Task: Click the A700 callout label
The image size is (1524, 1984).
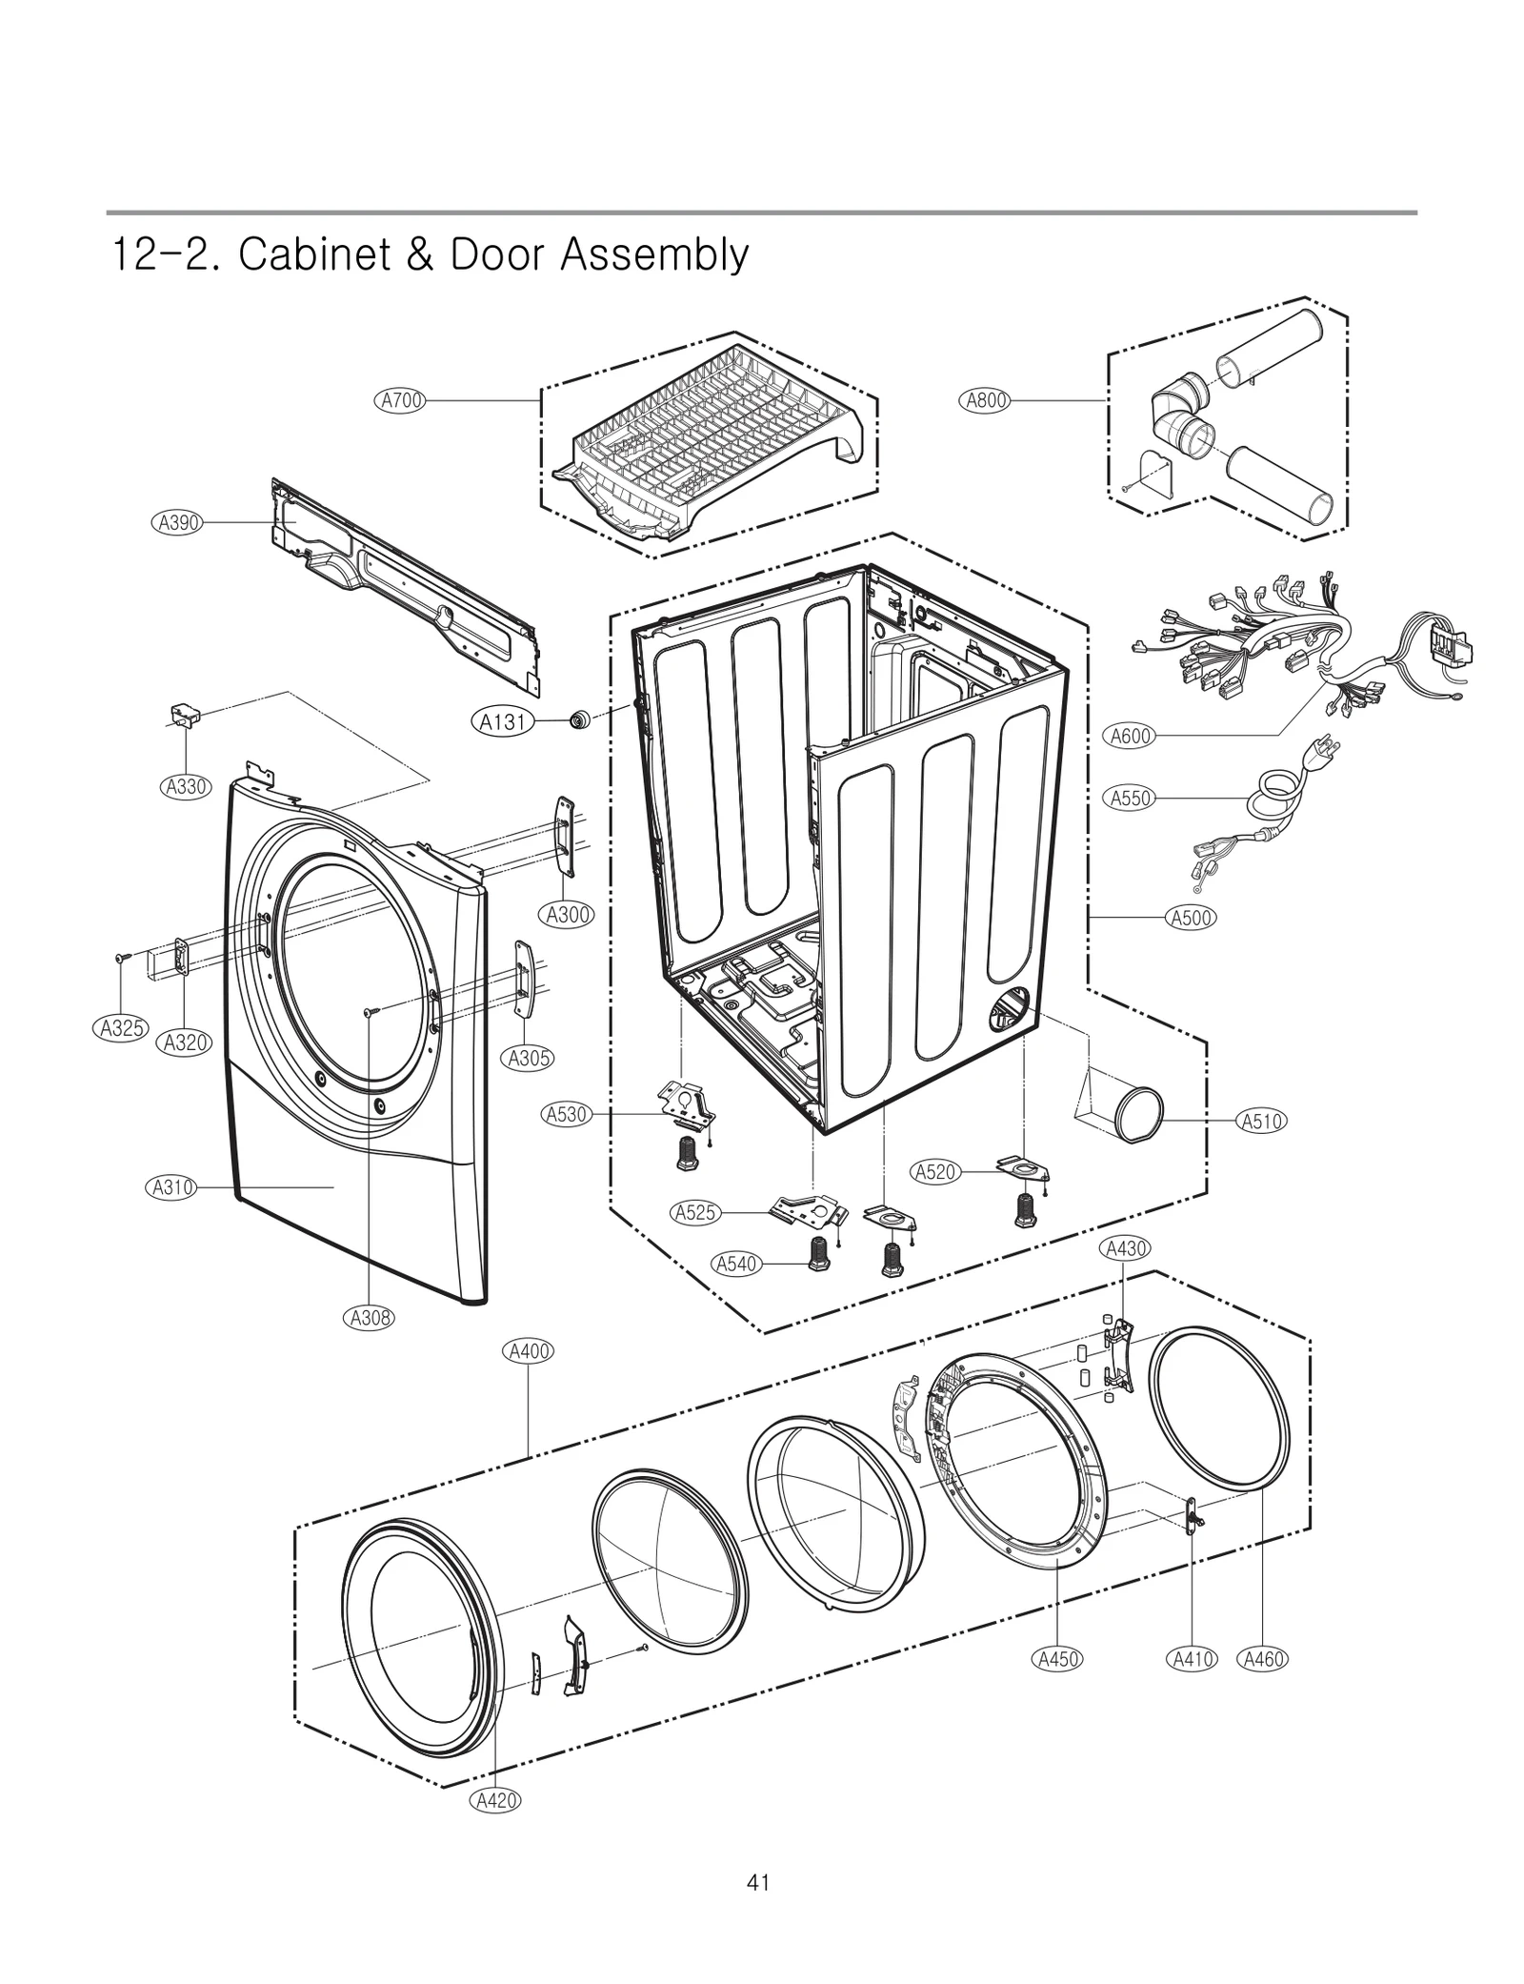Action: (400, 400)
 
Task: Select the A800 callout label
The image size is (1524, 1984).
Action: (985, 400)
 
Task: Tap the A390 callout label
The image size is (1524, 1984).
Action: (178, 522)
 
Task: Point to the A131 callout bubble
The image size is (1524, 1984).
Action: (502, 722)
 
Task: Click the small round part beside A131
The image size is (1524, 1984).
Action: (577, 720)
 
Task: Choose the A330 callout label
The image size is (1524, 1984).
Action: (186, 786)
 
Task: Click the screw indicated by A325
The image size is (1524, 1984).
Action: (122, 957)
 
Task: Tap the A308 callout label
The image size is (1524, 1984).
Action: (369, 1318)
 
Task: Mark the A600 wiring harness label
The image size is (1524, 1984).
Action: (1131, 736)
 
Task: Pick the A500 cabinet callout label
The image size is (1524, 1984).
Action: (1191, 918)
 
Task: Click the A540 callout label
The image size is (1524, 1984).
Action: (736, 1264)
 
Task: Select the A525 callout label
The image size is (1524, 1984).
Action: (695, 1213)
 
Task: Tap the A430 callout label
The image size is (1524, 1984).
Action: (1124, 1248)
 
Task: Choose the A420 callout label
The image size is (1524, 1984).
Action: (496, 1800)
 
